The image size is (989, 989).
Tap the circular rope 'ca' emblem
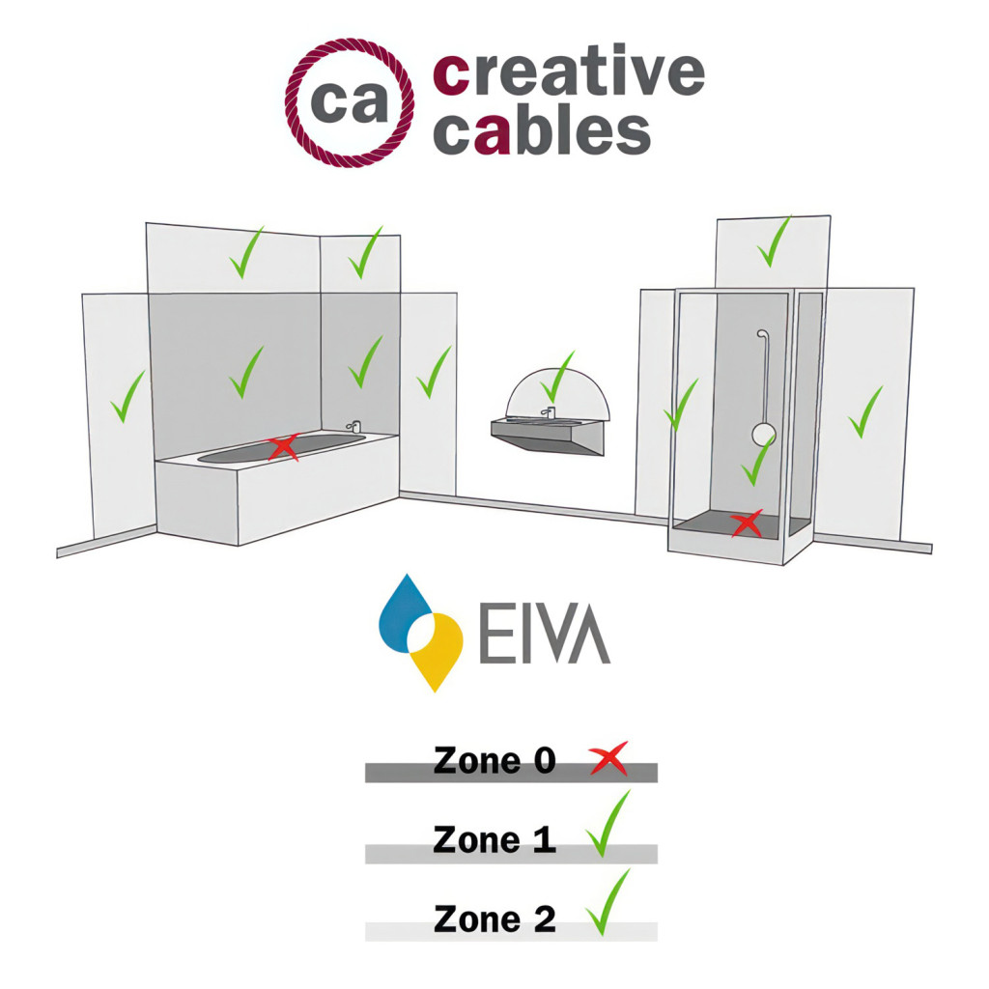pos(350,103)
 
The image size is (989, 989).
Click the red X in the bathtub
pos(282,447)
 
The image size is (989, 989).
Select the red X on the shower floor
pos(745,524)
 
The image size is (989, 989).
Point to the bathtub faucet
pos(353,426)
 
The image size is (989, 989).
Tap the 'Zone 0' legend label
pos(494,760)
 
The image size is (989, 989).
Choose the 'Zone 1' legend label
pos(494,839)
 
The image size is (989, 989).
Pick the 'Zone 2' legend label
pos(494,918)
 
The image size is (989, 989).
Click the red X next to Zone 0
pos(608,759)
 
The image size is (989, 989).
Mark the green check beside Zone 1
pos(608,825)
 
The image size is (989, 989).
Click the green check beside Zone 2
pos(608,903)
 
